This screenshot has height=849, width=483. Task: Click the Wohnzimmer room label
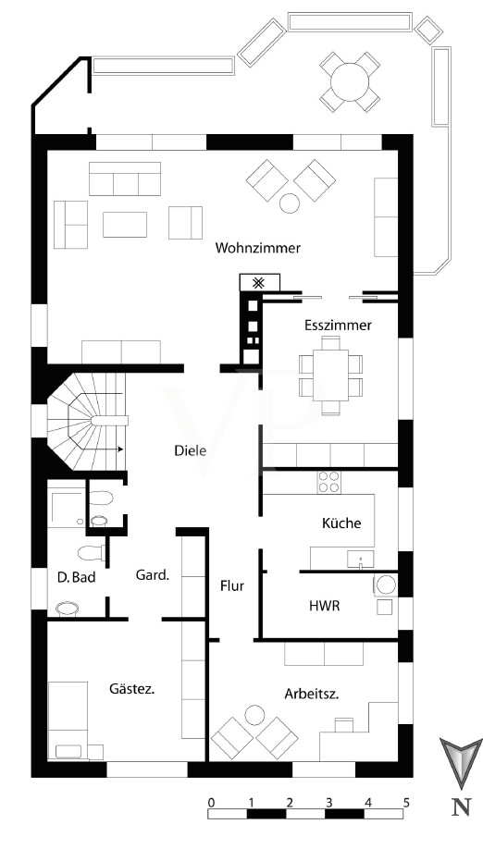258,248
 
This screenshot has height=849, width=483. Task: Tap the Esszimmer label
338,326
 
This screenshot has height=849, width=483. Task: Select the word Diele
190,450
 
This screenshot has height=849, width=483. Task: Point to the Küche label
341,523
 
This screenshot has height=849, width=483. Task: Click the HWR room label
325,606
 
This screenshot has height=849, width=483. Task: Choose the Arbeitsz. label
312,695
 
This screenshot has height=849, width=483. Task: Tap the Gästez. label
132,689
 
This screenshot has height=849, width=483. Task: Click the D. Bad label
77,577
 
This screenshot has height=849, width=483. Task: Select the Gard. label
153,575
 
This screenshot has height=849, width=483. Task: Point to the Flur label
232,585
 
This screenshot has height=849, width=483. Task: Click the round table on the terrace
350,81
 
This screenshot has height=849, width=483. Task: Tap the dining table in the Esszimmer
330,375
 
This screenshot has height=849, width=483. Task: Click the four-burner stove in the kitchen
328,481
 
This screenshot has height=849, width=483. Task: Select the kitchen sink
361,559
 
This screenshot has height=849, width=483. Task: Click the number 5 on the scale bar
406,802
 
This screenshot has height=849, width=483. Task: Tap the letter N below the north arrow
461,807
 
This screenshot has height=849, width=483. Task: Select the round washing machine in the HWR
386,584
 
